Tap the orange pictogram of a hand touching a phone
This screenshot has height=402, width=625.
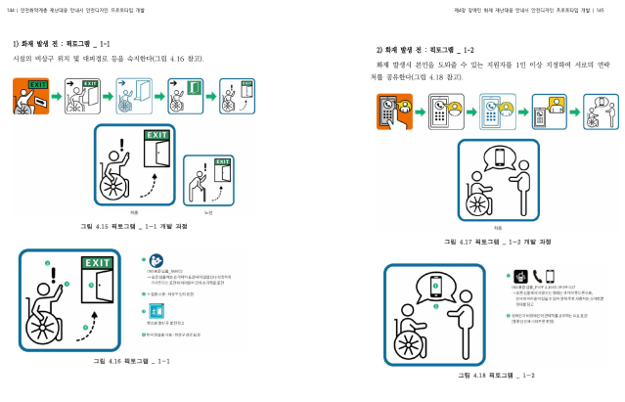tap(395, 112)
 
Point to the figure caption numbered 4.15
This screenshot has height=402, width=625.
tap(134, 226)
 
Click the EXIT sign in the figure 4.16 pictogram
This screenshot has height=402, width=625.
tap(97, 262)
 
